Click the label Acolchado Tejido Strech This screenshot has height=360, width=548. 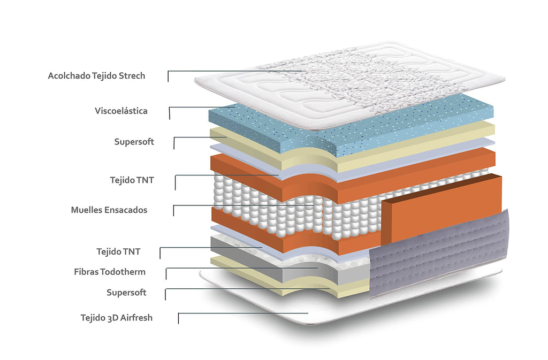point(96,76)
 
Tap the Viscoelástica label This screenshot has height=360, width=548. point(121,111)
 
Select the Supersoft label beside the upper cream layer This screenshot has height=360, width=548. point(134,142)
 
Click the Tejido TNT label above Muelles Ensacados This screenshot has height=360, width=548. point(132,180)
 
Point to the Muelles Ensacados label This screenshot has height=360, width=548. point(109,210)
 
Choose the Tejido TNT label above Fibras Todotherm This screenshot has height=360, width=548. point(118,251)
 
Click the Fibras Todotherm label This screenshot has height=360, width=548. point(110,272)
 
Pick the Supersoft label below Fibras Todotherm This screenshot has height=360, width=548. point(126,293)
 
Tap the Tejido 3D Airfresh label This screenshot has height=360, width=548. point(116,318)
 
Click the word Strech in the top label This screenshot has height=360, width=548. point(132,76)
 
